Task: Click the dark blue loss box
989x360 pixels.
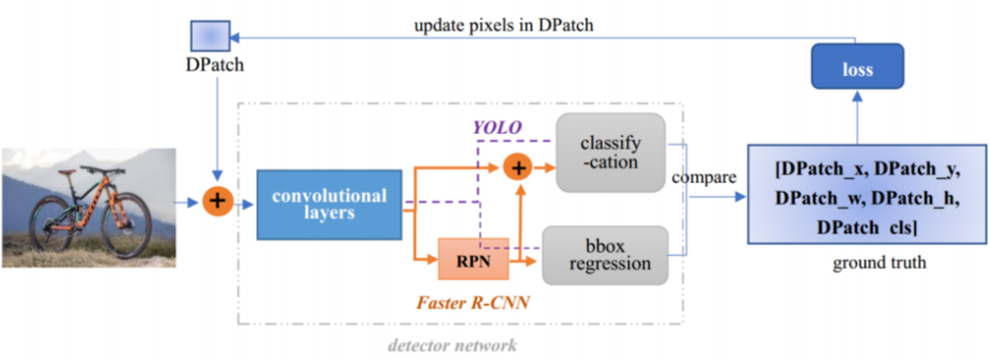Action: pyautogui.click(x=857, y=66)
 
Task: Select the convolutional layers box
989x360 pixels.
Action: pyautogui.click(x=330, y=204)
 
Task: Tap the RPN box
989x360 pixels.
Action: pyautogui.click(x=473, y=258)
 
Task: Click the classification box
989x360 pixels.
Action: pyautogui.click(x=610, y=153)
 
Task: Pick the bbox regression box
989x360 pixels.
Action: pyautogui.click(x=606, y=254)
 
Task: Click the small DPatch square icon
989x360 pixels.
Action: pyautogui.click(x=209, y=36)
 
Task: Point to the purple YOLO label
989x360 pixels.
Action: pyautogui.click(x=497, y=127)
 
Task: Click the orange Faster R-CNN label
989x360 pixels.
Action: pyautogui.click(x=472, y=302)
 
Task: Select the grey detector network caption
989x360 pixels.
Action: pyautogui.click(x=452, y=345)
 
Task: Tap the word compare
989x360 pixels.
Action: pyautogui.click(x=703, y=178)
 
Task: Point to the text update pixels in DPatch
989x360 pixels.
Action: pyautogui.click(x=504, y=25)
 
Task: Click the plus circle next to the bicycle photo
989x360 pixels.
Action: pyautogui.click(x=217, y=202)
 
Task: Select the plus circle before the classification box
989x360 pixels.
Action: pyautogui.click(x=518, y=167)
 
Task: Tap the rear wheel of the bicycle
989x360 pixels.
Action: pyautogui.click(x=52, y=223)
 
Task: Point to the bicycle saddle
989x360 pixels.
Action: pyautogui.click(x=66, y=171)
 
